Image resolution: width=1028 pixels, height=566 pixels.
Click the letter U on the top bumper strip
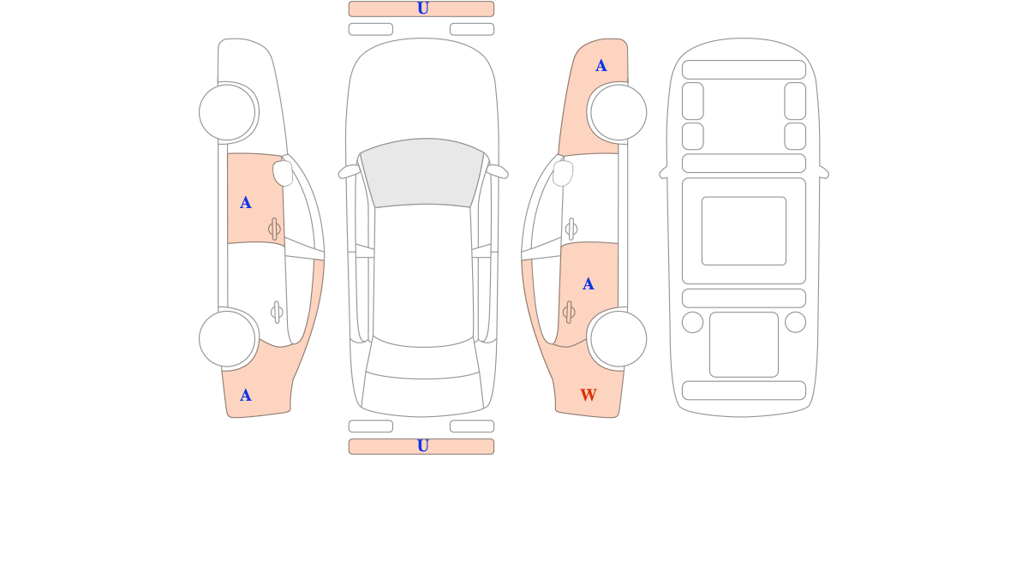(x=422, y=9)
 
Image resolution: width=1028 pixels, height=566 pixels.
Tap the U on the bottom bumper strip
(x=422, y=446)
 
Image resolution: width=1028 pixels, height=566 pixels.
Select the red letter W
(x=589, y=395)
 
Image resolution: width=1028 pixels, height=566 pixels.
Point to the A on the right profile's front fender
(x=601, y=66)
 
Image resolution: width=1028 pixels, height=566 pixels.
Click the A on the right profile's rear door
(x=588, y=284)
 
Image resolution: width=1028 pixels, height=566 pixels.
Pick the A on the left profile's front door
(x=246, y=203)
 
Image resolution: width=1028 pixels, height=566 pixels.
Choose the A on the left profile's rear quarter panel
(x=246, y=396)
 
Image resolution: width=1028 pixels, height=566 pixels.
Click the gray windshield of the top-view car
(x=422, y=172)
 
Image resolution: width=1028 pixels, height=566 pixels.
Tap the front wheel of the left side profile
(x=227, y=112)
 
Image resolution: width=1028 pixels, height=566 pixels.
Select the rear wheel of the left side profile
(x=227, y=339)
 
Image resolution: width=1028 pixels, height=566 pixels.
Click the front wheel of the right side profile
(x=619, y=112)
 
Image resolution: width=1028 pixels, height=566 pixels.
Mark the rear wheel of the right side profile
(x=619, y=339)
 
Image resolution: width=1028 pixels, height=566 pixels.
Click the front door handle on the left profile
(x=274, y=229)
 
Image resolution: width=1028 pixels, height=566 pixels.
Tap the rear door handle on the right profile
(x=569, y=313)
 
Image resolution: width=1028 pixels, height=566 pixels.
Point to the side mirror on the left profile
(x=283, y=173)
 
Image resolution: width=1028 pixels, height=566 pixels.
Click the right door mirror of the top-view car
(x=497, y=171)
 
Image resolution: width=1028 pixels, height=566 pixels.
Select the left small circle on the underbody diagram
(x=692, y=323)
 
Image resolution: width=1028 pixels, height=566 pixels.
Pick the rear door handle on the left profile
(x=277, y=313)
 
